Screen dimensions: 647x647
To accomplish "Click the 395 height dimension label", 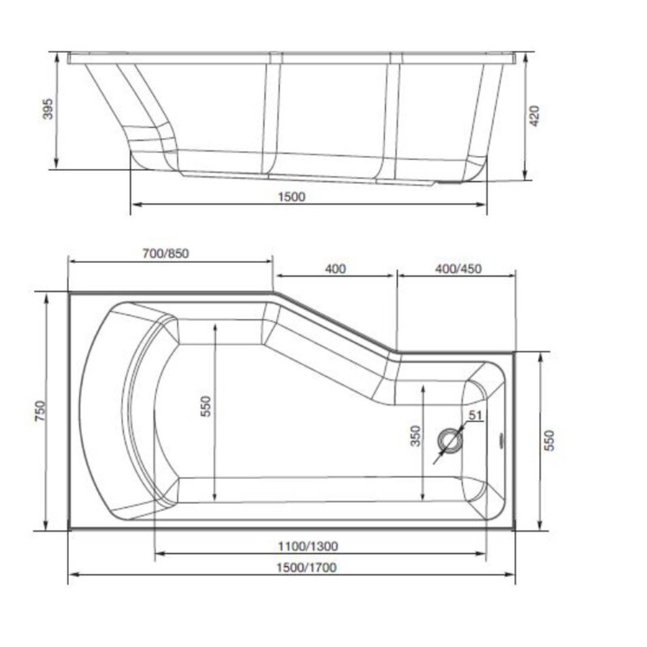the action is pos(48,108).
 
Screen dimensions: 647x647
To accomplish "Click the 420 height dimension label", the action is pos(534,116).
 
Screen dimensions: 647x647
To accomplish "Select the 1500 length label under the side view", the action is pos(291,197).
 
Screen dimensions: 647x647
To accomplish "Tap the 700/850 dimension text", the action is pos(166,253).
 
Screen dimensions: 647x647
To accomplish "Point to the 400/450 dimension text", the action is pos(458,268).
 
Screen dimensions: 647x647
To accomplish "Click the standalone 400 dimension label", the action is pos(336,268).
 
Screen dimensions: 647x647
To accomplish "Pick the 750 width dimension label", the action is pos(40,411).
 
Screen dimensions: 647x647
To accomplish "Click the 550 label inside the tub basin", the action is pos(206,406).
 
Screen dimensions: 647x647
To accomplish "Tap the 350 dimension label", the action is pos(415,436).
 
